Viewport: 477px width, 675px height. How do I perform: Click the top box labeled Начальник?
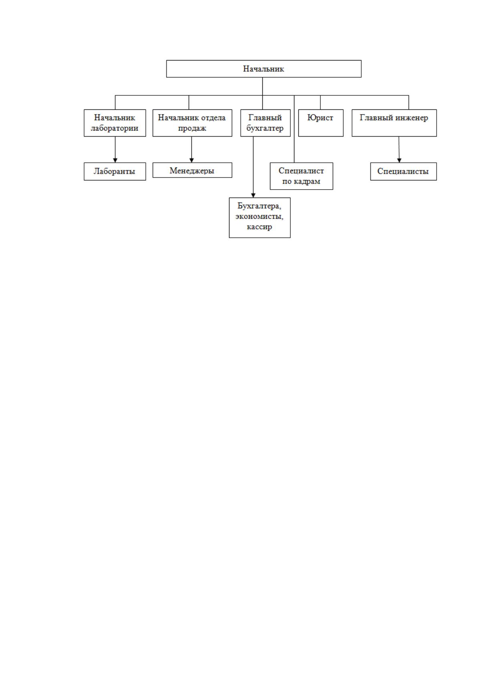click(x=264, y=69)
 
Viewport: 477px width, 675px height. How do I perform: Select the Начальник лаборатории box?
click(x=115, y=123)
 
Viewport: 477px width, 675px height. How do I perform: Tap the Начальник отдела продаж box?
click(x=192, y=123)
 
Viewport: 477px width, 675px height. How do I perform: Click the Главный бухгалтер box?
click(x=265, y=123)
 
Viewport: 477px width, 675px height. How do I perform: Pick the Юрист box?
click(x=321, y=123)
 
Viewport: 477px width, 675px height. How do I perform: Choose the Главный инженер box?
click(x=394, y=123)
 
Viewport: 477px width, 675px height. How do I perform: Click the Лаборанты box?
click(x=115, y=172)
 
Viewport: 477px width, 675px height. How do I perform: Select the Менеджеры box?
click(x=192, y=170)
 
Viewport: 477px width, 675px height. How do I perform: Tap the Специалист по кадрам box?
click(x=301, y=176)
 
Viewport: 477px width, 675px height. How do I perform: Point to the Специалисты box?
click(x=403, y=172)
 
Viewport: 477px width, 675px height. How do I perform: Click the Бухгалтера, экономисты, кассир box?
click(x=260, y=218)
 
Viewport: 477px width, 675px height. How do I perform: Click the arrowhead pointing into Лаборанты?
click(x=115, y=160)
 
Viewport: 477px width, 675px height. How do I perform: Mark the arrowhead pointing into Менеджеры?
click(x=191, y=160)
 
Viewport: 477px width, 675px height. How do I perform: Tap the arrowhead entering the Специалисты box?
click(x=399, y=160)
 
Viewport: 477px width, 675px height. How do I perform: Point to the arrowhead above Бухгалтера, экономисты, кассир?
click(x=253, y=195)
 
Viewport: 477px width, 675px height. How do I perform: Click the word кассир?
click(x=259, y=226)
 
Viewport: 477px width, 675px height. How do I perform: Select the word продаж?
click(x=192, y=129)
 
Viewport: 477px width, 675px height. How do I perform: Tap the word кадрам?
click(x=307, y=182)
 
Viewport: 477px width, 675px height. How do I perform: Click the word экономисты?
click(x=259, y=217)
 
